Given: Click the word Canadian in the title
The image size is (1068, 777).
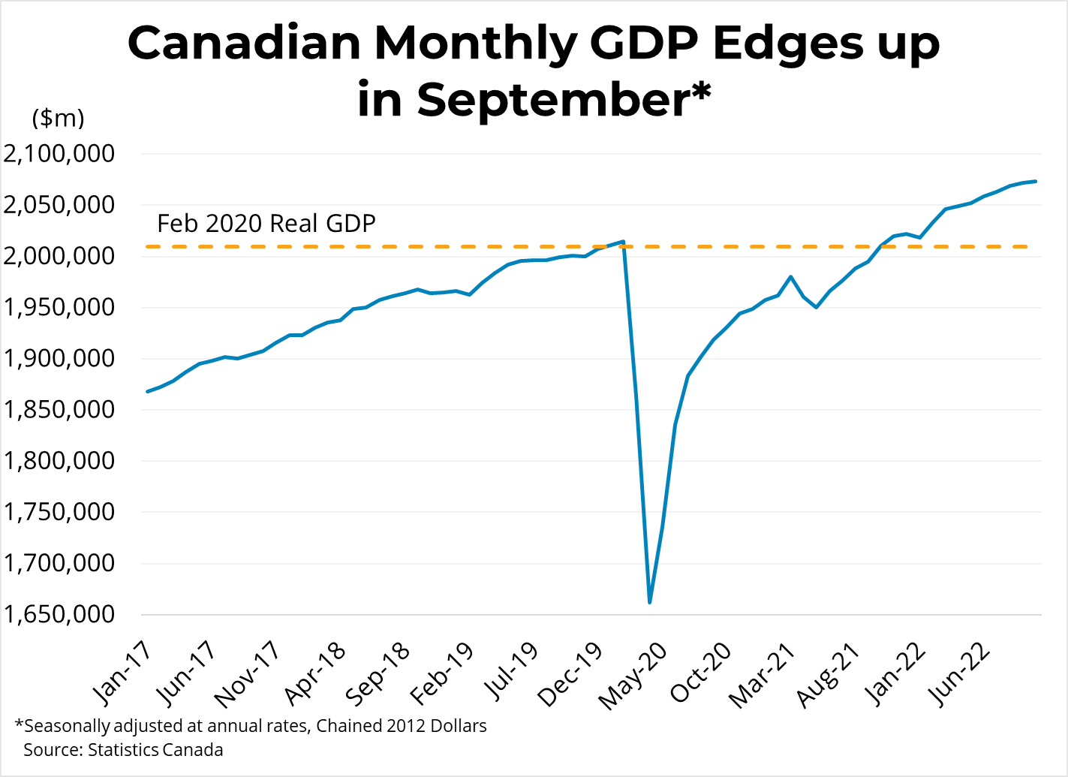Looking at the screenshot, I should tap(244, 43).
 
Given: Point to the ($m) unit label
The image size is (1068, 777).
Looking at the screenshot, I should tap(58, 118).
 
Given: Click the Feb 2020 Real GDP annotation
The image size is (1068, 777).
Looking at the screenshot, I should tap(266, 224).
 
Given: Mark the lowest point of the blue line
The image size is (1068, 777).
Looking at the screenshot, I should tap(649, 602).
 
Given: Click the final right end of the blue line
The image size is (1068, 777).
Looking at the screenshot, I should tap(1036, 181).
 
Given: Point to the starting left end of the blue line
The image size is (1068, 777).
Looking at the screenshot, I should tap(147, 391).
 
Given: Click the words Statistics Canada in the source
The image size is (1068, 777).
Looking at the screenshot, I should tap(155, 750).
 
